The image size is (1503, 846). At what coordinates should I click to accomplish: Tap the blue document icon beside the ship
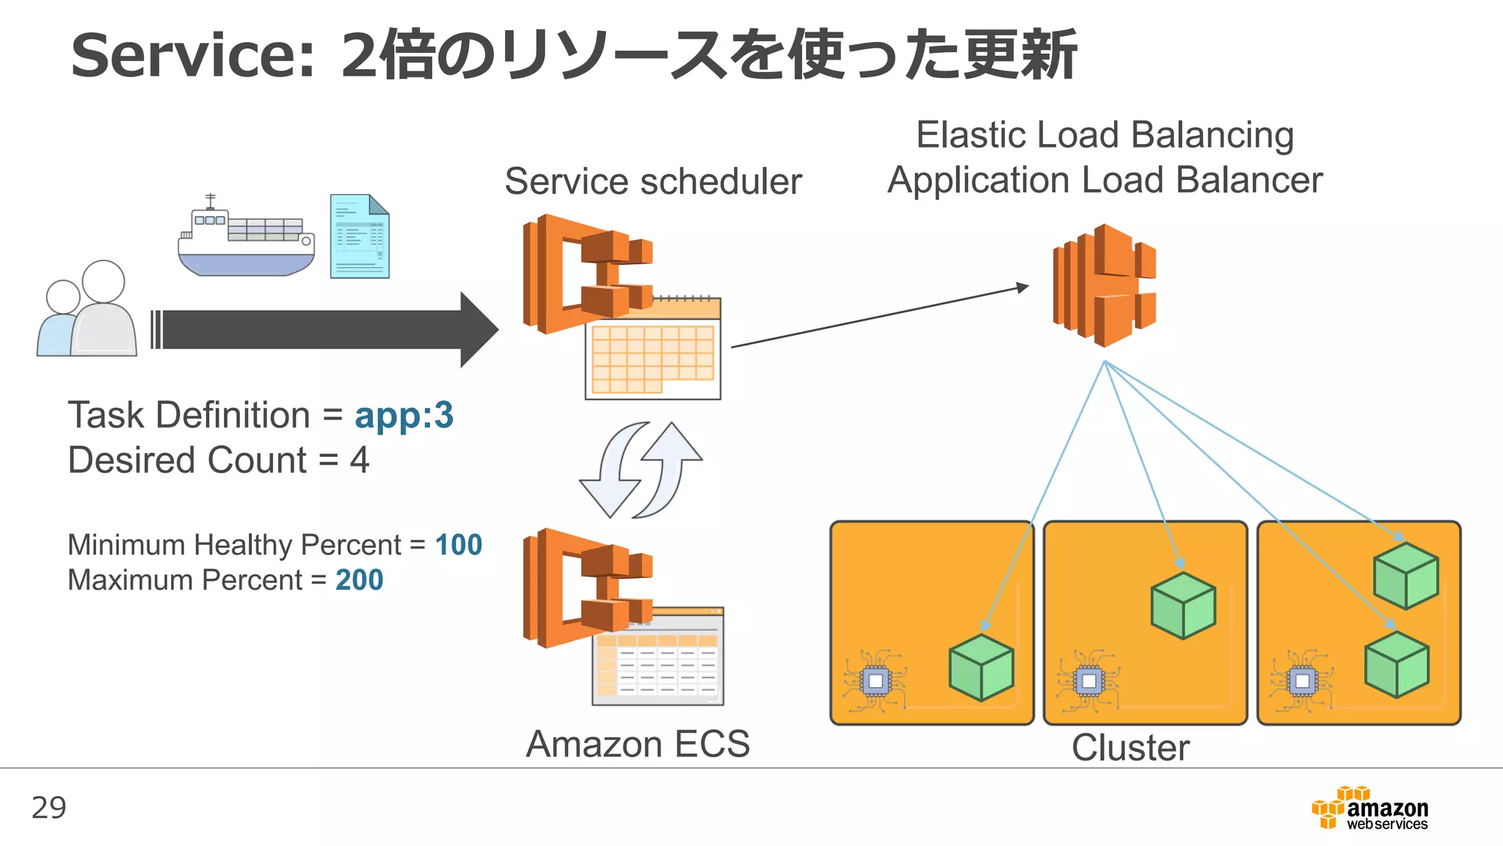click(359, 236)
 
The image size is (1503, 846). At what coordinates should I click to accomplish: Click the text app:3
click(404, 416)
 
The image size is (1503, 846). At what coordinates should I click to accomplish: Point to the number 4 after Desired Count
click(359, 460)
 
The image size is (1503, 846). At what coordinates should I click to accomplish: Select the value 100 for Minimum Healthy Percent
click(458, 545)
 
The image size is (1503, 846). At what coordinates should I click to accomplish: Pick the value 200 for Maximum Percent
click(359, 580)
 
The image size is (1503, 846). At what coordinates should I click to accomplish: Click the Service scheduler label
click(652, 181)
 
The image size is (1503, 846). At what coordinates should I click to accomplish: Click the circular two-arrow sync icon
click(641, 470)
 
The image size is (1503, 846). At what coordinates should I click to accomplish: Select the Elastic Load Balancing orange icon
click(1104, 285)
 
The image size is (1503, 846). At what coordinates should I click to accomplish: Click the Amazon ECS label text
click(638, 744)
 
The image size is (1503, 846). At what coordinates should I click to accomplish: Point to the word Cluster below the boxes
click(1129, 748)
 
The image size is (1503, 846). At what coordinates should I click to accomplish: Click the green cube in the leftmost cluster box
click(980, 668)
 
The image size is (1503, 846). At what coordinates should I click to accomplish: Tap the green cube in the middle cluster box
click(1183, 605)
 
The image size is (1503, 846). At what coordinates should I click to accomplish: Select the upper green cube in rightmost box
click(1405, 576)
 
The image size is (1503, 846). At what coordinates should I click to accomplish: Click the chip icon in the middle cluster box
click(1088, 681)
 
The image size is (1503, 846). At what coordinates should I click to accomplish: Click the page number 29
click(48, 808)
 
